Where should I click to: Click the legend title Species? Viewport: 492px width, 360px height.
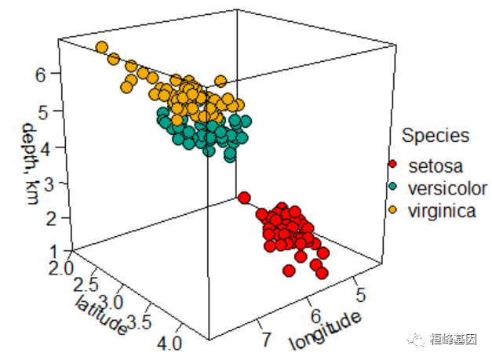click(436, 136)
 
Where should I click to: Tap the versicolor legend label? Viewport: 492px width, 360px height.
click(446, 188)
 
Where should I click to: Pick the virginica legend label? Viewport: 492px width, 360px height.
click(441, 210)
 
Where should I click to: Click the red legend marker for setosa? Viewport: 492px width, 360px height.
click(393, 165)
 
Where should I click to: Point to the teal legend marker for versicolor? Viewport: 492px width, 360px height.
click(393, 187)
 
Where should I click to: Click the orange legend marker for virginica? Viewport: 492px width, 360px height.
click(393, 209)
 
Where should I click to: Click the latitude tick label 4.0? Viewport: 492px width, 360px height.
click(170, 343)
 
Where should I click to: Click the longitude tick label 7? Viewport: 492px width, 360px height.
click(267, 339)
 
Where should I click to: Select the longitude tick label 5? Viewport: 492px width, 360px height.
click(360, 294)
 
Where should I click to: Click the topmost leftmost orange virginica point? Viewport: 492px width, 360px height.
click(101, 48)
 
